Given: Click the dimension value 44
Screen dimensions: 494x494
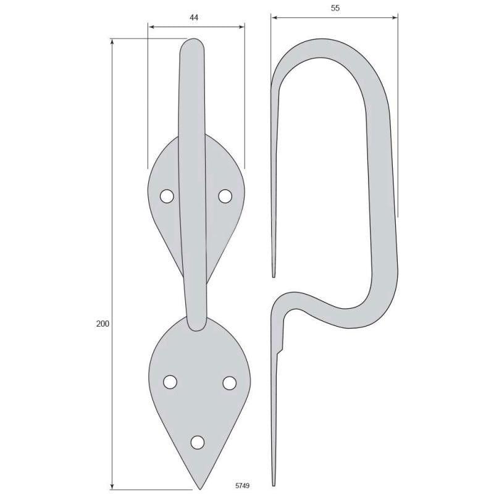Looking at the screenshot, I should coord(194,18).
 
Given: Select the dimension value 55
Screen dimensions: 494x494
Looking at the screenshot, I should coord(335,8).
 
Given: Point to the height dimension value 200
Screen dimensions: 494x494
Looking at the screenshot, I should coord(103,324).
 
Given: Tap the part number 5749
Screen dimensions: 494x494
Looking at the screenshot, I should coord(243,486).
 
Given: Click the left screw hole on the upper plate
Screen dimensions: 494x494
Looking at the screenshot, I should coord(166,196).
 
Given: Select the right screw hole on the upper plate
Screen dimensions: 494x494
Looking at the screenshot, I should coord(225,196).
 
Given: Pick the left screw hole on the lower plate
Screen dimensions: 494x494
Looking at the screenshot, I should coord(170,382).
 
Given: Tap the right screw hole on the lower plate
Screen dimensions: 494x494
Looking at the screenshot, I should coord(229,383).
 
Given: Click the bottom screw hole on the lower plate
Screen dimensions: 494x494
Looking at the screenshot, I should coord(198,442).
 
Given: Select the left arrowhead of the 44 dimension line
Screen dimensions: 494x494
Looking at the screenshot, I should coord(151,27).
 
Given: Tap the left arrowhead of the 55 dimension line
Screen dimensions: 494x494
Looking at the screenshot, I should coord(274,17).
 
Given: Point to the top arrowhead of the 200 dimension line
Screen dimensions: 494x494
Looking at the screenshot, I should coord(112,41).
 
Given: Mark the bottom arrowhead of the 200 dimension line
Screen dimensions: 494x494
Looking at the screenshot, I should coord(112,485).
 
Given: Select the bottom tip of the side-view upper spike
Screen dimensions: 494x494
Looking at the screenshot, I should coord(274,275).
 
